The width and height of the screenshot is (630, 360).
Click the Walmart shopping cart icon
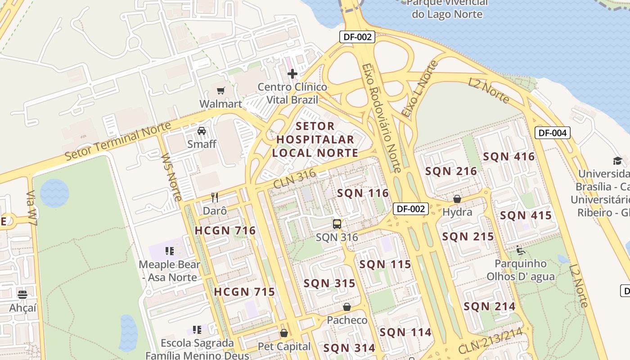220,91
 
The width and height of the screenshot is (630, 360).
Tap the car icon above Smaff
202,131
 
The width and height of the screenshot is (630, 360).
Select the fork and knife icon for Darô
215,198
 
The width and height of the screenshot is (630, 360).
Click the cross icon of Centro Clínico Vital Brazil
292,73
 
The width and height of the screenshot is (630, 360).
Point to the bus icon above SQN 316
337,224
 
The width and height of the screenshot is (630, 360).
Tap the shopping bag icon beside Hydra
457,199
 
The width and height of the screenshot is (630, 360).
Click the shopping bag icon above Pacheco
347,307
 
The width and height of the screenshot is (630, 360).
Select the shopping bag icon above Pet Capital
284,333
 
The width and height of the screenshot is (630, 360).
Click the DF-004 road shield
553,133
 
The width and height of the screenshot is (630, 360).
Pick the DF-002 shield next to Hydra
410,209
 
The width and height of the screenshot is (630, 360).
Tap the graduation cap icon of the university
617,161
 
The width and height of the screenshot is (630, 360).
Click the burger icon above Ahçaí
22,295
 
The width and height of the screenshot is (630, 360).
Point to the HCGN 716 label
225,231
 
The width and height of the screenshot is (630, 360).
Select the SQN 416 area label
508,157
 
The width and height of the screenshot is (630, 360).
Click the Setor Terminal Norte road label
118,141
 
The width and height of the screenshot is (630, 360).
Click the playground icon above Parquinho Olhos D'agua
521,250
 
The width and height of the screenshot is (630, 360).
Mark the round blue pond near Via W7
54,193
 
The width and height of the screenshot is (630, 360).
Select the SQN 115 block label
385,265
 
